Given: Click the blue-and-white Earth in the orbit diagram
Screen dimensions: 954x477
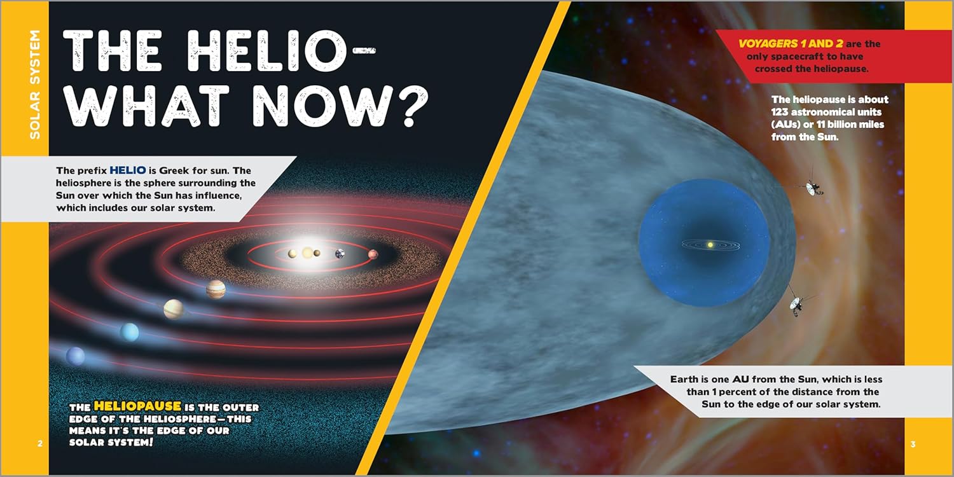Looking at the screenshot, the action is (340, 254).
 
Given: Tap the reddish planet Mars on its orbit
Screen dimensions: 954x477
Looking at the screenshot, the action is (373, 254).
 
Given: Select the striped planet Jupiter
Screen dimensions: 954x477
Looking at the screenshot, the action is (216, 289).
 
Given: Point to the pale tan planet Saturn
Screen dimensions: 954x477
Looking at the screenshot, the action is (174, 309).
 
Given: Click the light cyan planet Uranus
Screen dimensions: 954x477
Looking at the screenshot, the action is (130, 332).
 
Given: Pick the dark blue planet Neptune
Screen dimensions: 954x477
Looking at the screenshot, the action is (76, 356).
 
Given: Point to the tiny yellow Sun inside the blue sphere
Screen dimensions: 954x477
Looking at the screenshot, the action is (710, 245).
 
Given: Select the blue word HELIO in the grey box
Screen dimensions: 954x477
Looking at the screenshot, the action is (128, 170).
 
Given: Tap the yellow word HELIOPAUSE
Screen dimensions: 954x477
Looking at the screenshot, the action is (137, 406).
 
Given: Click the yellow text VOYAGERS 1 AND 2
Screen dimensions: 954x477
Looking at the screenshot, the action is (791, 43).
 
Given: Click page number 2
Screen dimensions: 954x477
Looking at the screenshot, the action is (40, 444).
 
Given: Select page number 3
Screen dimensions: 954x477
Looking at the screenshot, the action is (913, 444).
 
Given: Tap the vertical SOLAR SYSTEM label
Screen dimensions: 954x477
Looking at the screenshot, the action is (34, 85).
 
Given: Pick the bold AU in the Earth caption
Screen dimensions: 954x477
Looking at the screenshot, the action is (741, 379).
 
